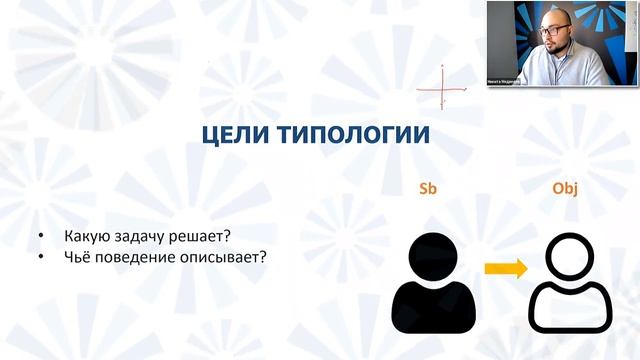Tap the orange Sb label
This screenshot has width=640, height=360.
429,190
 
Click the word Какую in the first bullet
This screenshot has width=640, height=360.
87,237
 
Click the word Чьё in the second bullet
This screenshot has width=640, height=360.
78,256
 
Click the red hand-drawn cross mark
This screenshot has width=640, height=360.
441,87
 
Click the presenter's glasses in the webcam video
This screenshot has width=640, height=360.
552,30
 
